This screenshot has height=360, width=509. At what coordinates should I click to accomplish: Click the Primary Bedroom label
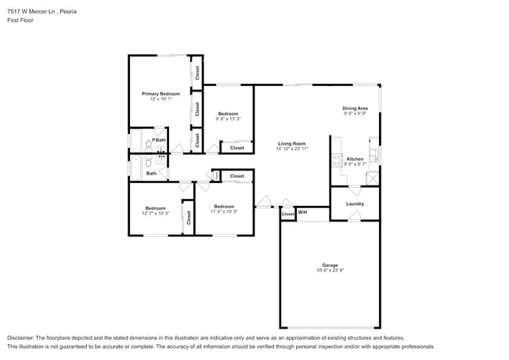[161, 94]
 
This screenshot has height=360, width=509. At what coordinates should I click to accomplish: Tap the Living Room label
[291, 143]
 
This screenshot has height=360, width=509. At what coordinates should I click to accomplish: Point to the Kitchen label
[355, 159]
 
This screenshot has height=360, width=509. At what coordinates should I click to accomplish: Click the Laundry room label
[355, 204]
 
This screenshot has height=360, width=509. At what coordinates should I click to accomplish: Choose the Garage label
[330, 265]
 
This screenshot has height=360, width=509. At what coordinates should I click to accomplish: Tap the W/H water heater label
[302, 213]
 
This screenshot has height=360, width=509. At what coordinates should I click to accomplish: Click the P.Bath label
[159, 140]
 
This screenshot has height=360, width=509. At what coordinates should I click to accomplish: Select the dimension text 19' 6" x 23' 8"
[330, 271]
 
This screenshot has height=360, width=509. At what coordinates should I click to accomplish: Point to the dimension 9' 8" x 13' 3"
[229, 119]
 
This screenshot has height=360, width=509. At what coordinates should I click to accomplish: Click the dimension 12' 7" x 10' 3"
[155, 213]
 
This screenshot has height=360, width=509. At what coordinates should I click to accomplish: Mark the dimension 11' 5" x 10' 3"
[225, 211]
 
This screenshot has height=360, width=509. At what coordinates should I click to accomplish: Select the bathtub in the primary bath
[135, 143]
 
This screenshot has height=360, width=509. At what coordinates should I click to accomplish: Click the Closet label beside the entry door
[287, 214]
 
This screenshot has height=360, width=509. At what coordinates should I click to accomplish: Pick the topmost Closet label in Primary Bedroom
[197, 73]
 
